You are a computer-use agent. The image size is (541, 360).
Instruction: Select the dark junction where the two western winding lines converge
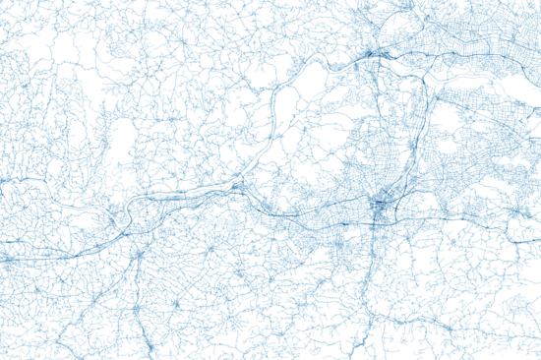[238, 185]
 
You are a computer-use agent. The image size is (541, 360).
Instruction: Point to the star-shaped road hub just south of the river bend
[140, 256]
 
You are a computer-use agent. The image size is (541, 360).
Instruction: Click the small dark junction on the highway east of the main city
[512, 211]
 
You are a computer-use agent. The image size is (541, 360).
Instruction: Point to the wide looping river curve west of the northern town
[295, 79]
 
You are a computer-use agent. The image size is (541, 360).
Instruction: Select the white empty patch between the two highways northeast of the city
[448, 123]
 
